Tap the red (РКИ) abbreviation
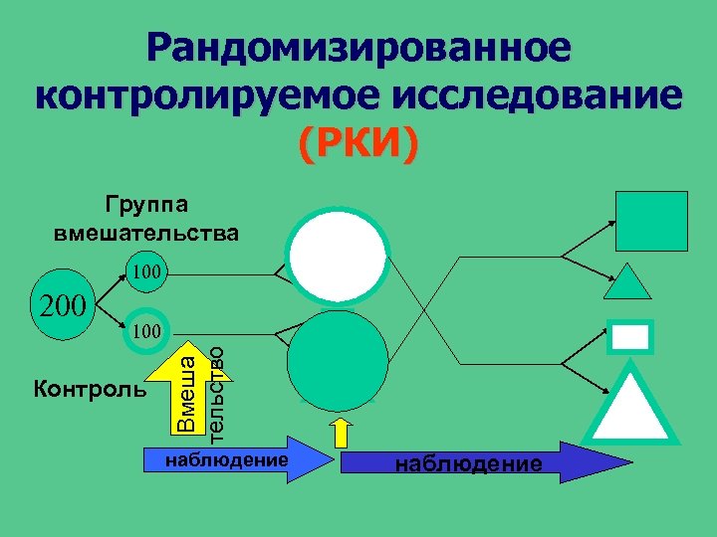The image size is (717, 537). point(358,145)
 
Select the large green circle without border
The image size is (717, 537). point(337,361)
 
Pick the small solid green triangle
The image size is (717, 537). point(628,283)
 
